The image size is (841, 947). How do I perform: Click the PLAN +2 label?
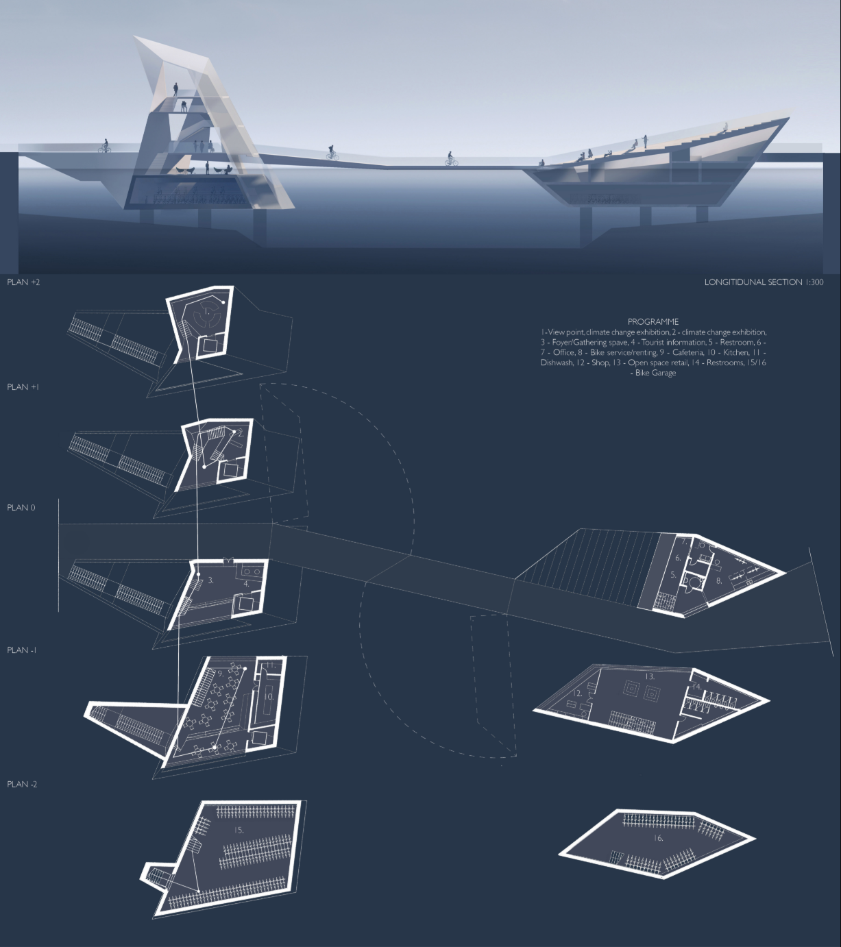pyautogui.click(x=23, y=282)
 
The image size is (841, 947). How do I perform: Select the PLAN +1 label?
pyautogui.click(x=23, y=387)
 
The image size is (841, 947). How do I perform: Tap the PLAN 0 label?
pyautogui.click(x=21, y=508)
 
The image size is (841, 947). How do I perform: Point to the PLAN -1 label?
pyautogui.click(x=22, y=650)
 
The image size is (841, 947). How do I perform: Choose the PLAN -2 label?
pyautogui.click(x=22, y=785)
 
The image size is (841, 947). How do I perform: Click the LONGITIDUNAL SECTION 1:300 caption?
pyautogui.click(x=764, y=282)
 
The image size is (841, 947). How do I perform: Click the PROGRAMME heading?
pyautogui.click(x=653, y=322)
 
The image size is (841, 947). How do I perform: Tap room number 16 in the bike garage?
pyautogui.click(x=658, y=838)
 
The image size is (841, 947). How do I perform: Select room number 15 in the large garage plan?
pyautogui.click(x=239, y=830)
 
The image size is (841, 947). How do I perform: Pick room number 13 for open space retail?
pyautogui.click(x=649, y=676)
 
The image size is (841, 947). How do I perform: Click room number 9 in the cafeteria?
pyautogui.click(x=221, y=674)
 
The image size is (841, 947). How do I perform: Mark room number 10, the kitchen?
pyautogui.click(x=269, y=696)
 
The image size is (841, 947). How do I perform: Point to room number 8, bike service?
pyautogui.click(x=718, y=580)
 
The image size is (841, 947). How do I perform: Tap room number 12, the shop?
pyautogui.click(x=578, y=693)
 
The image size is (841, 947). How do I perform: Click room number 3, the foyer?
pyautogui.click(x=211, y=580)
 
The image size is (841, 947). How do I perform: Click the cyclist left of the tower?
pyautogui.click(x=104, y=146)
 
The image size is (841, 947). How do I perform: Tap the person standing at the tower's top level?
pyautogui.click(x=175, y=89)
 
